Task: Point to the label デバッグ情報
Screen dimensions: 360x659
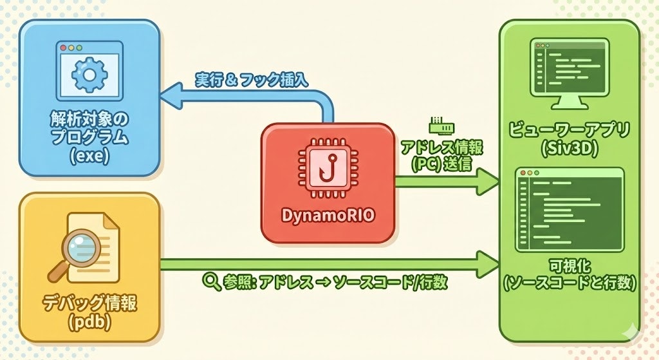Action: click(89, 302)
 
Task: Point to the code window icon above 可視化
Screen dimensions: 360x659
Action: click(570, 209)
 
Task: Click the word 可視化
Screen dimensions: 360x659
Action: click(569, 265)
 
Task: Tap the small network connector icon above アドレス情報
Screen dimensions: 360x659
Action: click(437, 124)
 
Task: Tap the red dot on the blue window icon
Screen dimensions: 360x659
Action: click(62, 48)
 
